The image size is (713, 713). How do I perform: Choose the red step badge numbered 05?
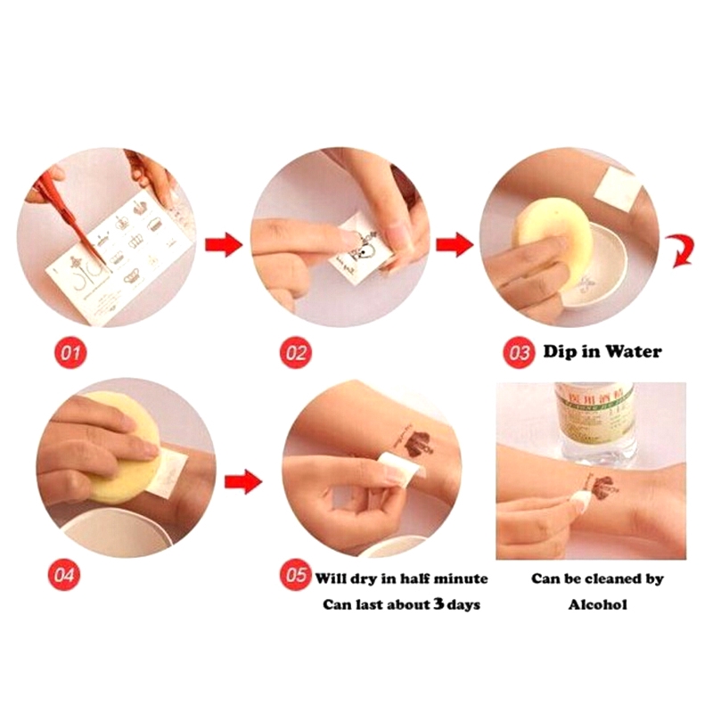pyautogui.click(x=295, y=575)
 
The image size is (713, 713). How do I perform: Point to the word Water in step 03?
pyautogui.click(x=634, y=351)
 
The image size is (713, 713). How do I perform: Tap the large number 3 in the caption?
pyautogui.click(x=438, y=603)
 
